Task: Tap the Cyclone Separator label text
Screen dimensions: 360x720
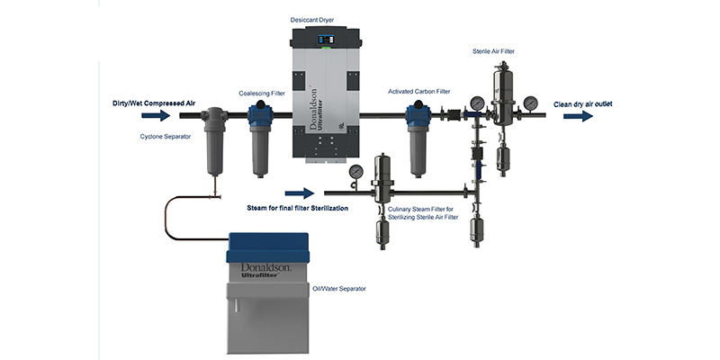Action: coord(164,136)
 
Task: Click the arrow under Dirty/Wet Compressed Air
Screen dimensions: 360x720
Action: coord(155,115)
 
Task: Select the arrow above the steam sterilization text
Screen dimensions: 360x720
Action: coord(299,193)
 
